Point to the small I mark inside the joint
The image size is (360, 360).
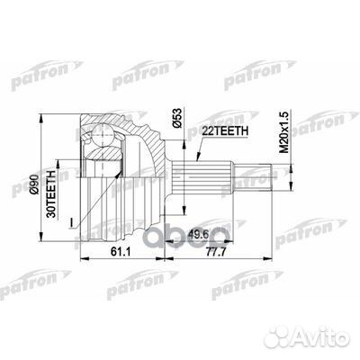pyautogui.click(x=92, y=213)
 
